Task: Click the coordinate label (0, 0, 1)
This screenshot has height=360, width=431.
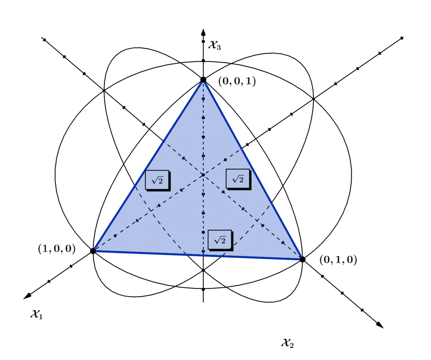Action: pyautogui.click(x=237, y=81)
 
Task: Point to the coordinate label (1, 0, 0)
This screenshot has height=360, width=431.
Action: pyautogui.click(x=57, y=248)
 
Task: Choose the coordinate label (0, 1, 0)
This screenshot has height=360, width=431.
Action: pyautogui.click(x=338, y=260)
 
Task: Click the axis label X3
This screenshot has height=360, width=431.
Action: pyautogui.click(x=215, y=45)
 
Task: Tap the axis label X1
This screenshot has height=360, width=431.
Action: pyautogui.click(x=37, y=314)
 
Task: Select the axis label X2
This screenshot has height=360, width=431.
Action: pyautogui.click(x=287, y=343)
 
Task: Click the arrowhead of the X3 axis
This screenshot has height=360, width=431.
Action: pyautogui.click(x=203, y=32)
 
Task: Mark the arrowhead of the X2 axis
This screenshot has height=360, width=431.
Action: pyautogui.click(x=380, y=325)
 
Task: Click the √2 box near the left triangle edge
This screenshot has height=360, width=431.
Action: pyautogui.click(x=158, y=180)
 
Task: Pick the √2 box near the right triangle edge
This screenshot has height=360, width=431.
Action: pyautogui.click(x=239, y=179)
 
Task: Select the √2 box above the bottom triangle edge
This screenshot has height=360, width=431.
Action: pyautogui.click(x=220, y=240)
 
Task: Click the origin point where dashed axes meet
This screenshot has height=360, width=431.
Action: pyautogui.click(x=203, y=175)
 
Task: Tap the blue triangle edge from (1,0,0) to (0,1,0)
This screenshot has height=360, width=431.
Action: pyautogui.click(x=198, y=255)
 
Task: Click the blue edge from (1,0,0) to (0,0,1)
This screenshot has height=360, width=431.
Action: pyautogui.click(x=148, y=165)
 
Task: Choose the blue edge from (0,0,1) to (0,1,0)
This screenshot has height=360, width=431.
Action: pyautogui.click(x=253, y=170)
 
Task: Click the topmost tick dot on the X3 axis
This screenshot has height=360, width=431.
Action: pyautogui.click(x=203, y=41)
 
